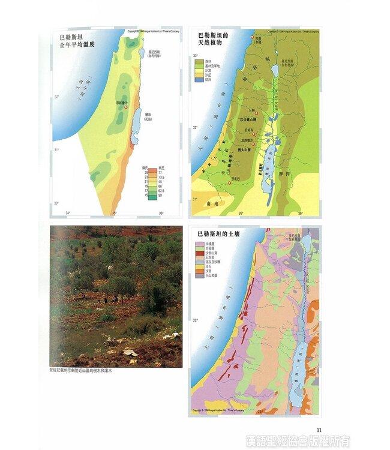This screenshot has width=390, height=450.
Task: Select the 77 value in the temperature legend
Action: [x=161, y=172]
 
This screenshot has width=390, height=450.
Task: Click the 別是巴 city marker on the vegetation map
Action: [x=230, y=182]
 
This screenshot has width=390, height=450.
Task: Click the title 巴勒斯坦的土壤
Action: [x=221, y=234]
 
